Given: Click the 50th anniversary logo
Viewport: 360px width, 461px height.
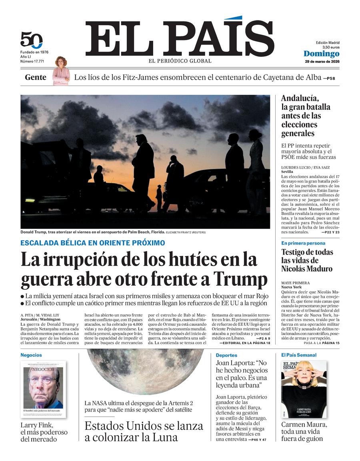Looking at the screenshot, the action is click(x=31, y=40).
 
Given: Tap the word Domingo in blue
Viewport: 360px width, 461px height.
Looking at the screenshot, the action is click(x=321, y=54).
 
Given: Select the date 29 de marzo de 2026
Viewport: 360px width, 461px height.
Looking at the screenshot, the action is click(x=322, y=62).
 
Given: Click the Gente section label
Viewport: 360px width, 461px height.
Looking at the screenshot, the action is click(x=36, y=77).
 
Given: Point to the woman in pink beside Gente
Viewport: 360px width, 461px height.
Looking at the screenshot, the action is click(x=61, y=71).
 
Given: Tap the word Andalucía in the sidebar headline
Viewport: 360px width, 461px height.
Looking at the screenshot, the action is click(x=300, y=98).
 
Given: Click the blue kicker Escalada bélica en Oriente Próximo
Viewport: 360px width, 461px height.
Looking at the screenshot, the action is click(x=92, y=243).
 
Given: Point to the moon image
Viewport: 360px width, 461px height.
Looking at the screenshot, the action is click(x=140, y=370).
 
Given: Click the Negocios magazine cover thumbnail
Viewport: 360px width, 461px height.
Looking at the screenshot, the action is click(x=43, y=389).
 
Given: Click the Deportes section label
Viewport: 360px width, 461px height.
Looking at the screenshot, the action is click(x=226, y=355).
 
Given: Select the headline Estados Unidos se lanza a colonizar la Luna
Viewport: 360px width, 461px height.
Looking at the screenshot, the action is click(x=144, y=431).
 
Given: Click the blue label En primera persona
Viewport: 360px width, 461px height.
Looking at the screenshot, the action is click(x=303, y=243).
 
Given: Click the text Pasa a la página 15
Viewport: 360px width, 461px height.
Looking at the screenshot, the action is click(x=321, y=343).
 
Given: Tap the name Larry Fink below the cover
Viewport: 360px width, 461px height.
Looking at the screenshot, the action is click(x=37, y=425).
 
